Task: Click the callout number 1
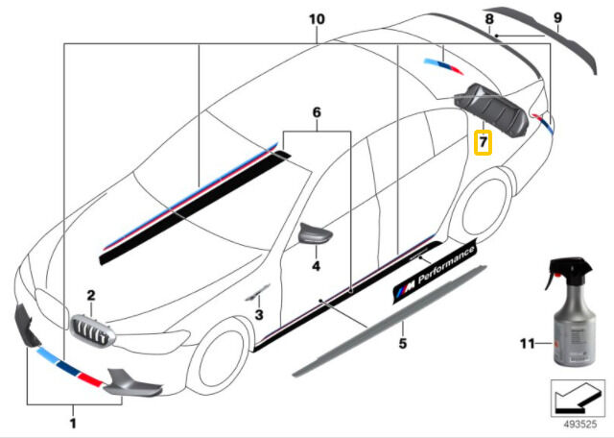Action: [72, 421]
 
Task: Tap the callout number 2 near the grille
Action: [90, 296]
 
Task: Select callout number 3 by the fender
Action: [257, 314]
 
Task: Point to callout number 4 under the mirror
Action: [315, 265]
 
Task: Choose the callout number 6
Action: [316, 112]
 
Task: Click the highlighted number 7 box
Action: [484, 144]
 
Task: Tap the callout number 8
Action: [489, 19]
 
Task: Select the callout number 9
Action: [557, 17]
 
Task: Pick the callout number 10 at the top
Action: [318, 19]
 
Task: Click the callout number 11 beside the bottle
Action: [528, 343]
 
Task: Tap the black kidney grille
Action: [90, 335]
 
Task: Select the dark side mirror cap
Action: [315, 233]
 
